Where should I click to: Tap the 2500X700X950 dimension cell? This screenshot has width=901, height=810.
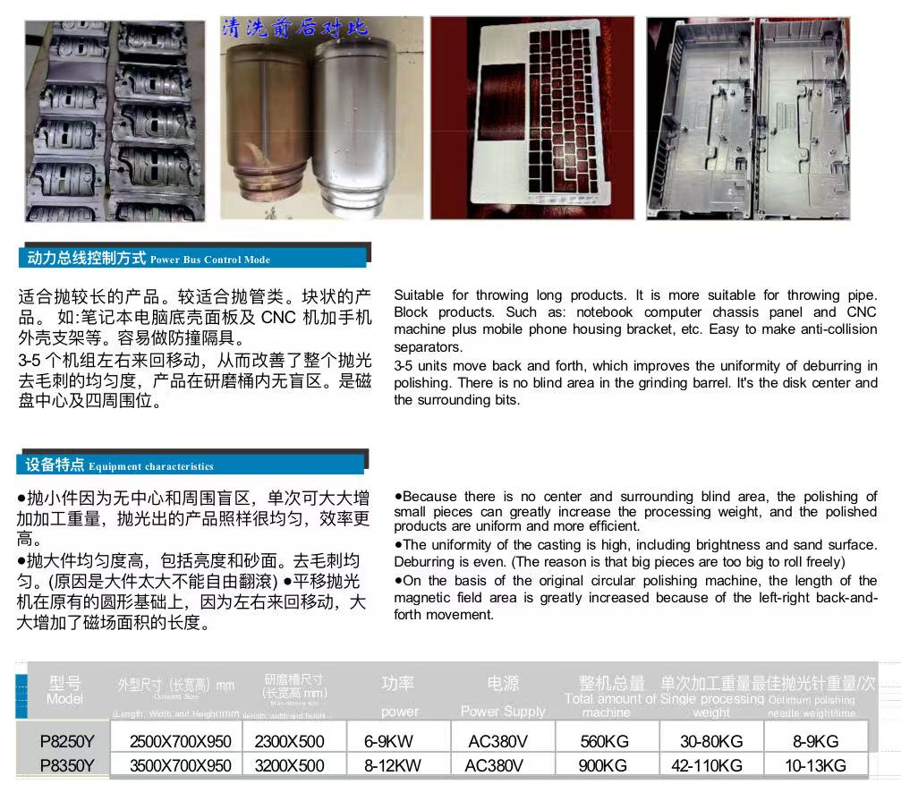click(180, 742)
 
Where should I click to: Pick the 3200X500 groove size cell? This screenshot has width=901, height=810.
click(289, 766)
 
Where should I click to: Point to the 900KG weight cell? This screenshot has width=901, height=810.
click(607, 766)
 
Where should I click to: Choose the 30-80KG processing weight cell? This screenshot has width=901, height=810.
click(711, 742)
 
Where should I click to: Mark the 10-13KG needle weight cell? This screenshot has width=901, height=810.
click(815, 766)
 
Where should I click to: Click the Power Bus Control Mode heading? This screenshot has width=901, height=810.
click(209, 260)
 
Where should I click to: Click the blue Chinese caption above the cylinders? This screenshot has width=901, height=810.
click(295, 29)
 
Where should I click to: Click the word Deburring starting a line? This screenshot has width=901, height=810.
click(425, 562)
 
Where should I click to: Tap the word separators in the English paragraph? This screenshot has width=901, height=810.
click(428, 347)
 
